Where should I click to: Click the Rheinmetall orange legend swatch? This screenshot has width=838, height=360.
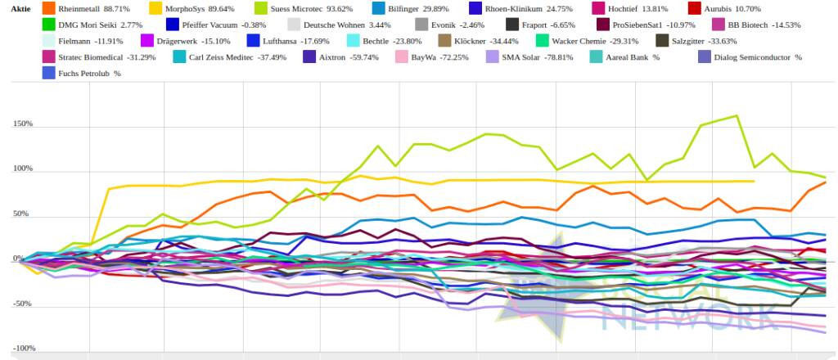click(48, 8)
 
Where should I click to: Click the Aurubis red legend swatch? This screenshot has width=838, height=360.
click(716, 8)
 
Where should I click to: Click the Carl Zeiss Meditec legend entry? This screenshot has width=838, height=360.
click(215, 57)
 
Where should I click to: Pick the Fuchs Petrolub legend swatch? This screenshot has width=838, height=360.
click(48, 74)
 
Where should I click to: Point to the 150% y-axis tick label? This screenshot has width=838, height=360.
click(22, 124)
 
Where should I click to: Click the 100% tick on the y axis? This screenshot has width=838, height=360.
click(22, 169)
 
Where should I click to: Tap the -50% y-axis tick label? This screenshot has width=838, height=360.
click(22, 304)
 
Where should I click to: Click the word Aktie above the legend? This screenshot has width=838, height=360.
click(21, 8)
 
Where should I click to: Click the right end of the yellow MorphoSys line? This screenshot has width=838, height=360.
click(753, 181)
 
